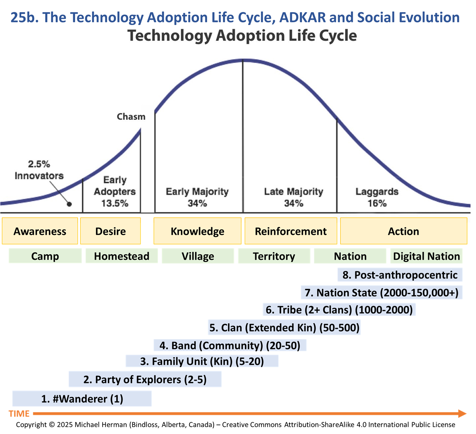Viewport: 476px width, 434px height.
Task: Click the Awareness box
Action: click(x=40, y=231)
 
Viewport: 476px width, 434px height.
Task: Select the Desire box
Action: click(x=110, y=231)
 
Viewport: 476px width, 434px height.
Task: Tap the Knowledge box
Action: click(x=197, y=231)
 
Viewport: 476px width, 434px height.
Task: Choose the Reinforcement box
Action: click(x=291, y=231)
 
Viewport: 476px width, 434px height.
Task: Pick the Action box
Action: click(x=404, y=231)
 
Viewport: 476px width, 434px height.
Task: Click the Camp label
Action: click(x=45, y=256)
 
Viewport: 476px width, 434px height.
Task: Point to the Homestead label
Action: click(x=121, y=256)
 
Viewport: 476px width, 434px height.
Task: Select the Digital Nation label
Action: click(x=426, y=256)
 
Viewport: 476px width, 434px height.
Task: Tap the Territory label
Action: click(x=274, y=256)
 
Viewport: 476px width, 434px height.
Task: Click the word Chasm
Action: click(x=131, y=117)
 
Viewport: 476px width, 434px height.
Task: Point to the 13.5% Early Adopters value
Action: click(x=115, y=203)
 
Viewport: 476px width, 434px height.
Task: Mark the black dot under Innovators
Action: click(x=69, y=204)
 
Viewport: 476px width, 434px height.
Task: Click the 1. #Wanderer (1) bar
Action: click(x=82, y=399)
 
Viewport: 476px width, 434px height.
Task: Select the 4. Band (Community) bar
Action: click(x=230, y=346)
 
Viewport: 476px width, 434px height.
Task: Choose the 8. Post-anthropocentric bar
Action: click(x=400, y=275)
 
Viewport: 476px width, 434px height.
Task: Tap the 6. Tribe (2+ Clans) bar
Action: click(x=339, y=310)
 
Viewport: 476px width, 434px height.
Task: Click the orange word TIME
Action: click(x=19, y=414)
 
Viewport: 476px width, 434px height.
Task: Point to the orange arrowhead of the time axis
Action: click(x=462, y=413)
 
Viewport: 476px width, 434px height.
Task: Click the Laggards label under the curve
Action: click(x=377, y=192)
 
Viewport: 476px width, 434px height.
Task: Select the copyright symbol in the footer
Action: click(x=51, y=425)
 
